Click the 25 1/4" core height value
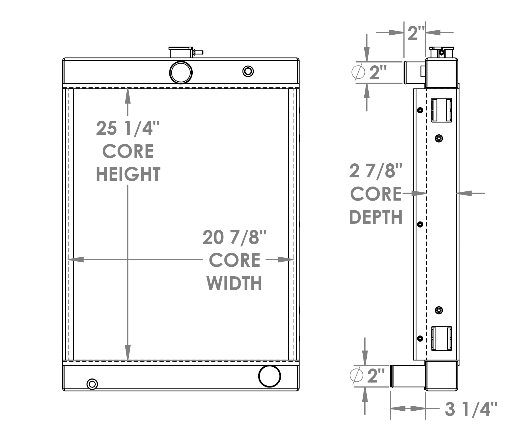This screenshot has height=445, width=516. [x=128, y=128]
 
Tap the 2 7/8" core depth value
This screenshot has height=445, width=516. [x=376, y=171]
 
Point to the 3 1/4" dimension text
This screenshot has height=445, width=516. [x=471, y=409]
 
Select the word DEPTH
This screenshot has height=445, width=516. [x=376, y=217]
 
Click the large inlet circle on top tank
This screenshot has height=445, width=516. [x=181, y=72]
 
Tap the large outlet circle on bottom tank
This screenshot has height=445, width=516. [x=269, y=376]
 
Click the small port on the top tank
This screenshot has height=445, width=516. [x=248, y=71]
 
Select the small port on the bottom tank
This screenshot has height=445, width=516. [x=92, y=384]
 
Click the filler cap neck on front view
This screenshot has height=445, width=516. [x=181, y=52]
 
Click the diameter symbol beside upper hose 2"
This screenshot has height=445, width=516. [x=358, y=72]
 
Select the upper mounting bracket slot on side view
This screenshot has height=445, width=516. [x=441, y=110]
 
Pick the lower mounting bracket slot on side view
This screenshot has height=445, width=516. [x=441, y=338]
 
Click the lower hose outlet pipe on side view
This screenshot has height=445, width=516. [x=407, y=376]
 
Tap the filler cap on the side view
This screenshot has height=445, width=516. [x=441, y=52]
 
